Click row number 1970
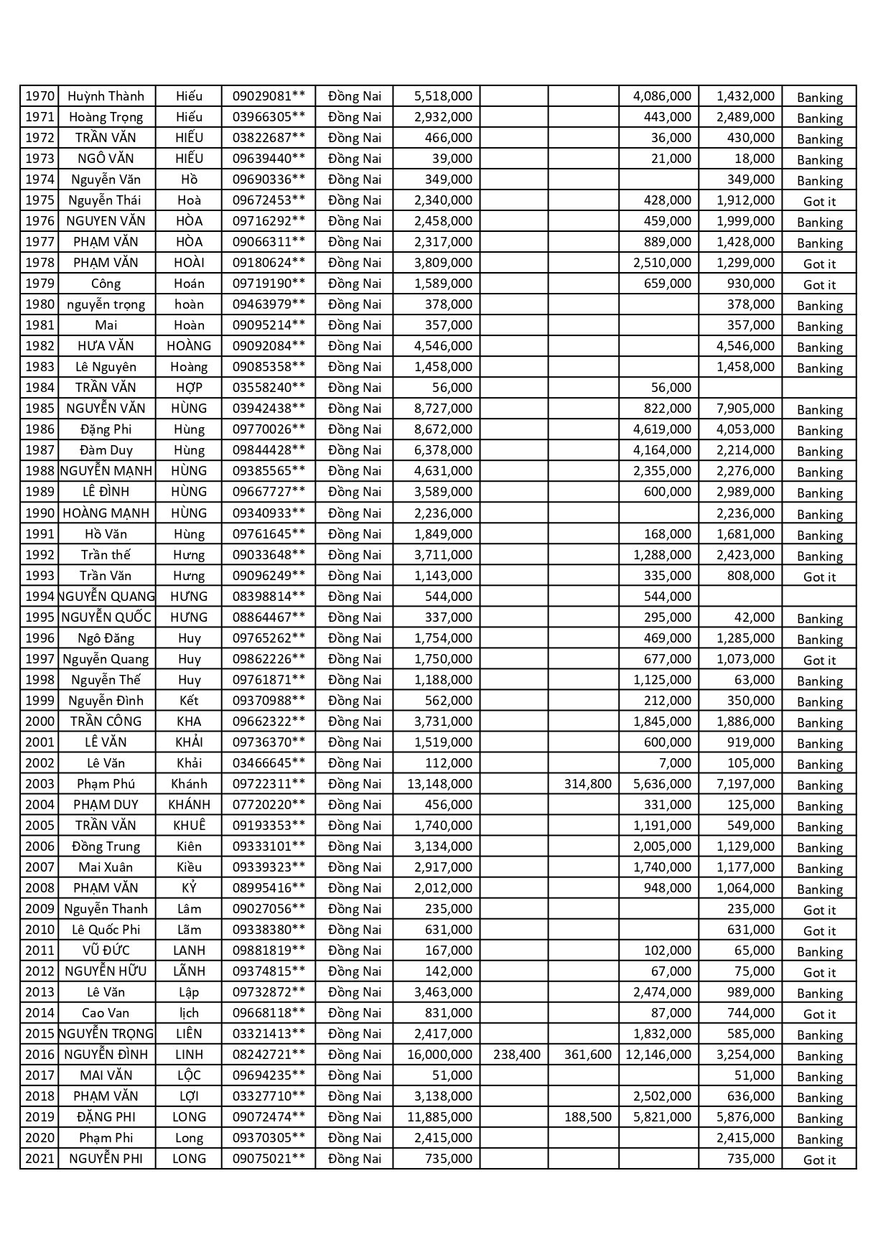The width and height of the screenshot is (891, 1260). pos(39,96)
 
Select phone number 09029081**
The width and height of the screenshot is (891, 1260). pos(269,96)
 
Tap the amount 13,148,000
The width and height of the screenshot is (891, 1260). pos(439,784)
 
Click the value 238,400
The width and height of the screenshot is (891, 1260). pos(517,1055)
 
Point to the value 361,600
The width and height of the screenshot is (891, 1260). pos(587,1055)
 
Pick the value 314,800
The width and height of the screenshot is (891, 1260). pos(587,784)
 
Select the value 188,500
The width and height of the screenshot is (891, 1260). pos(587,1117)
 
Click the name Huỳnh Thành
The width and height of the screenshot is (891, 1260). pos(106,96)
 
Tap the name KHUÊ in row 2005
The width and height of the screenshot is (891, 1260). pos(189,826)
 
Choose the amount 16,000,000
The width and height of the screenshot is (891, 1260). pos(439,1055)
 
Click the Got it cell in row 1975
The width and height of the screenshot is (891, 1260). pos(819,202)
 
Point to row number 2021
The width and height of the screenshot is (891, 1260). pos(39,1159)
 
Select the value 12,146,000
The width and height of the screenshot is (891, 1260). pos(658,1055)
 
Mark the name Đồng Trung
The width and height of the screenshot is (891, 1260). pos(106,846)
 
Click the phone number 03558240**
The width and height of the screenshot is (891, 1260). pos(269,388)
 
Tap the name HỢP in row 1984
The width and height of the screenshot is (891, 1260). pos(189,388)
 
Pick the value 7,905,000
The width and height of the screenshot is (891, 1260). pos(745,409)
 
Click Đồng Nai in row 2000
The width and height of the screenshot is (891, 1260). pos(355,722)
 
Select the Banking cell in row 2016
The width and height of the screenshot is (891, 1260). pos(819,1056)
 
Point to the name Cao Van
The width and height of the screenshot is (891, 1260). pos(106,1013)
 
